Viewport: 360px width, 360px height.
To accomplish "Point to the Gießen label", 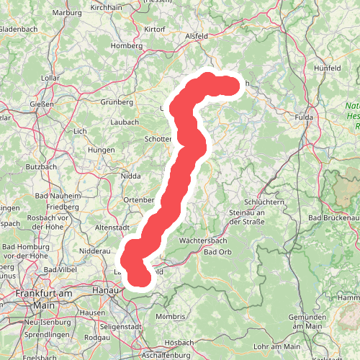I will [x=42, y=104].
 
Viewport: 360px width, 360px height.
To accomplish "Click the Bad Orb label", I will [x=220, y=252].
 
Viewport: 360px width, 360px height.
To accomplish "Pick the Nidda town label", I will [x=131, y=175].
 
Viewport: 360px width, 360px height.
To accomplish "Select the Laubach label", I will [x=125, y=122].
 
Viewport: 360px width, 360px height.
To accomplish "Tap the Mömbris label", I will [x=170, y=317].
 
